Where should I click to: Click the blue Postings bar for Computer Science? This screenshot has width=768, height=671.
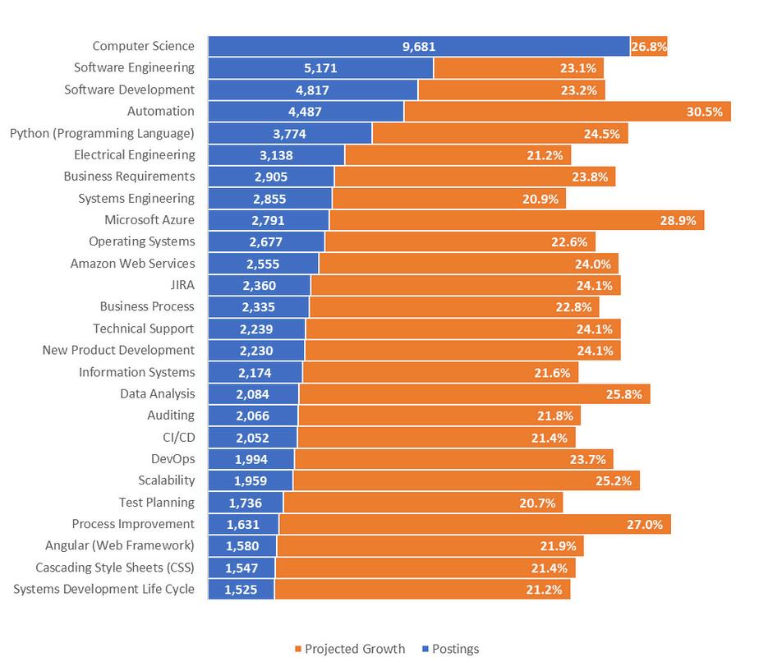pyautogui.click(x=329, y=47)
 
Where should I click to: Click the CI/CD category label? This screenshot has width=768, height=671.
pyautogui.click(x=179, y=437)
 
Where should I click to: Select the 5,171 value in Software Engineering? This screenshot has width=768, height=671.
pyautogui.click(x=320, y=68)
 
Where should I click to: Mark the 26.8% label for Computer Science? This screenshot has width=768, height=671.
pyautogui.click(x=648, y=47)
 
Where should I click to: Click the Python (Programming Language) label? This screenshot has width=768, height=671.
pyautogui.click(x=102, y=133)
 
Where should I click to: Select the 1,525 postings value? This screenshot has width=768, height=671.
pyautogui.click(x=241, y=589)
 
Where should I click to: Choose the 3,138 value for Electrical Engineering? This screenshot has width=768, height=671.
pyautogui.click(x=276, y=155)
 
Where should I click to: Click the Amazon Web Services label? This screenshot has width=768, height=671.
pyautogui.click(x=133, y=264)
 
